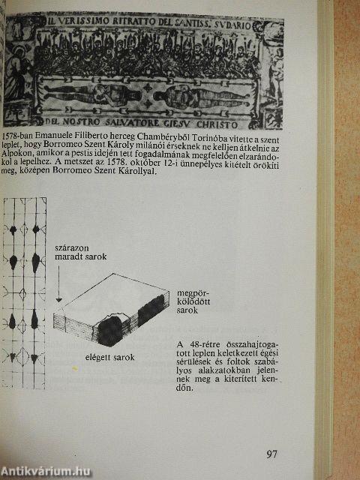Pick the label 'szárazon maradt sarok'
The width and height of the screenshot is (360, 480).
80,250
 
